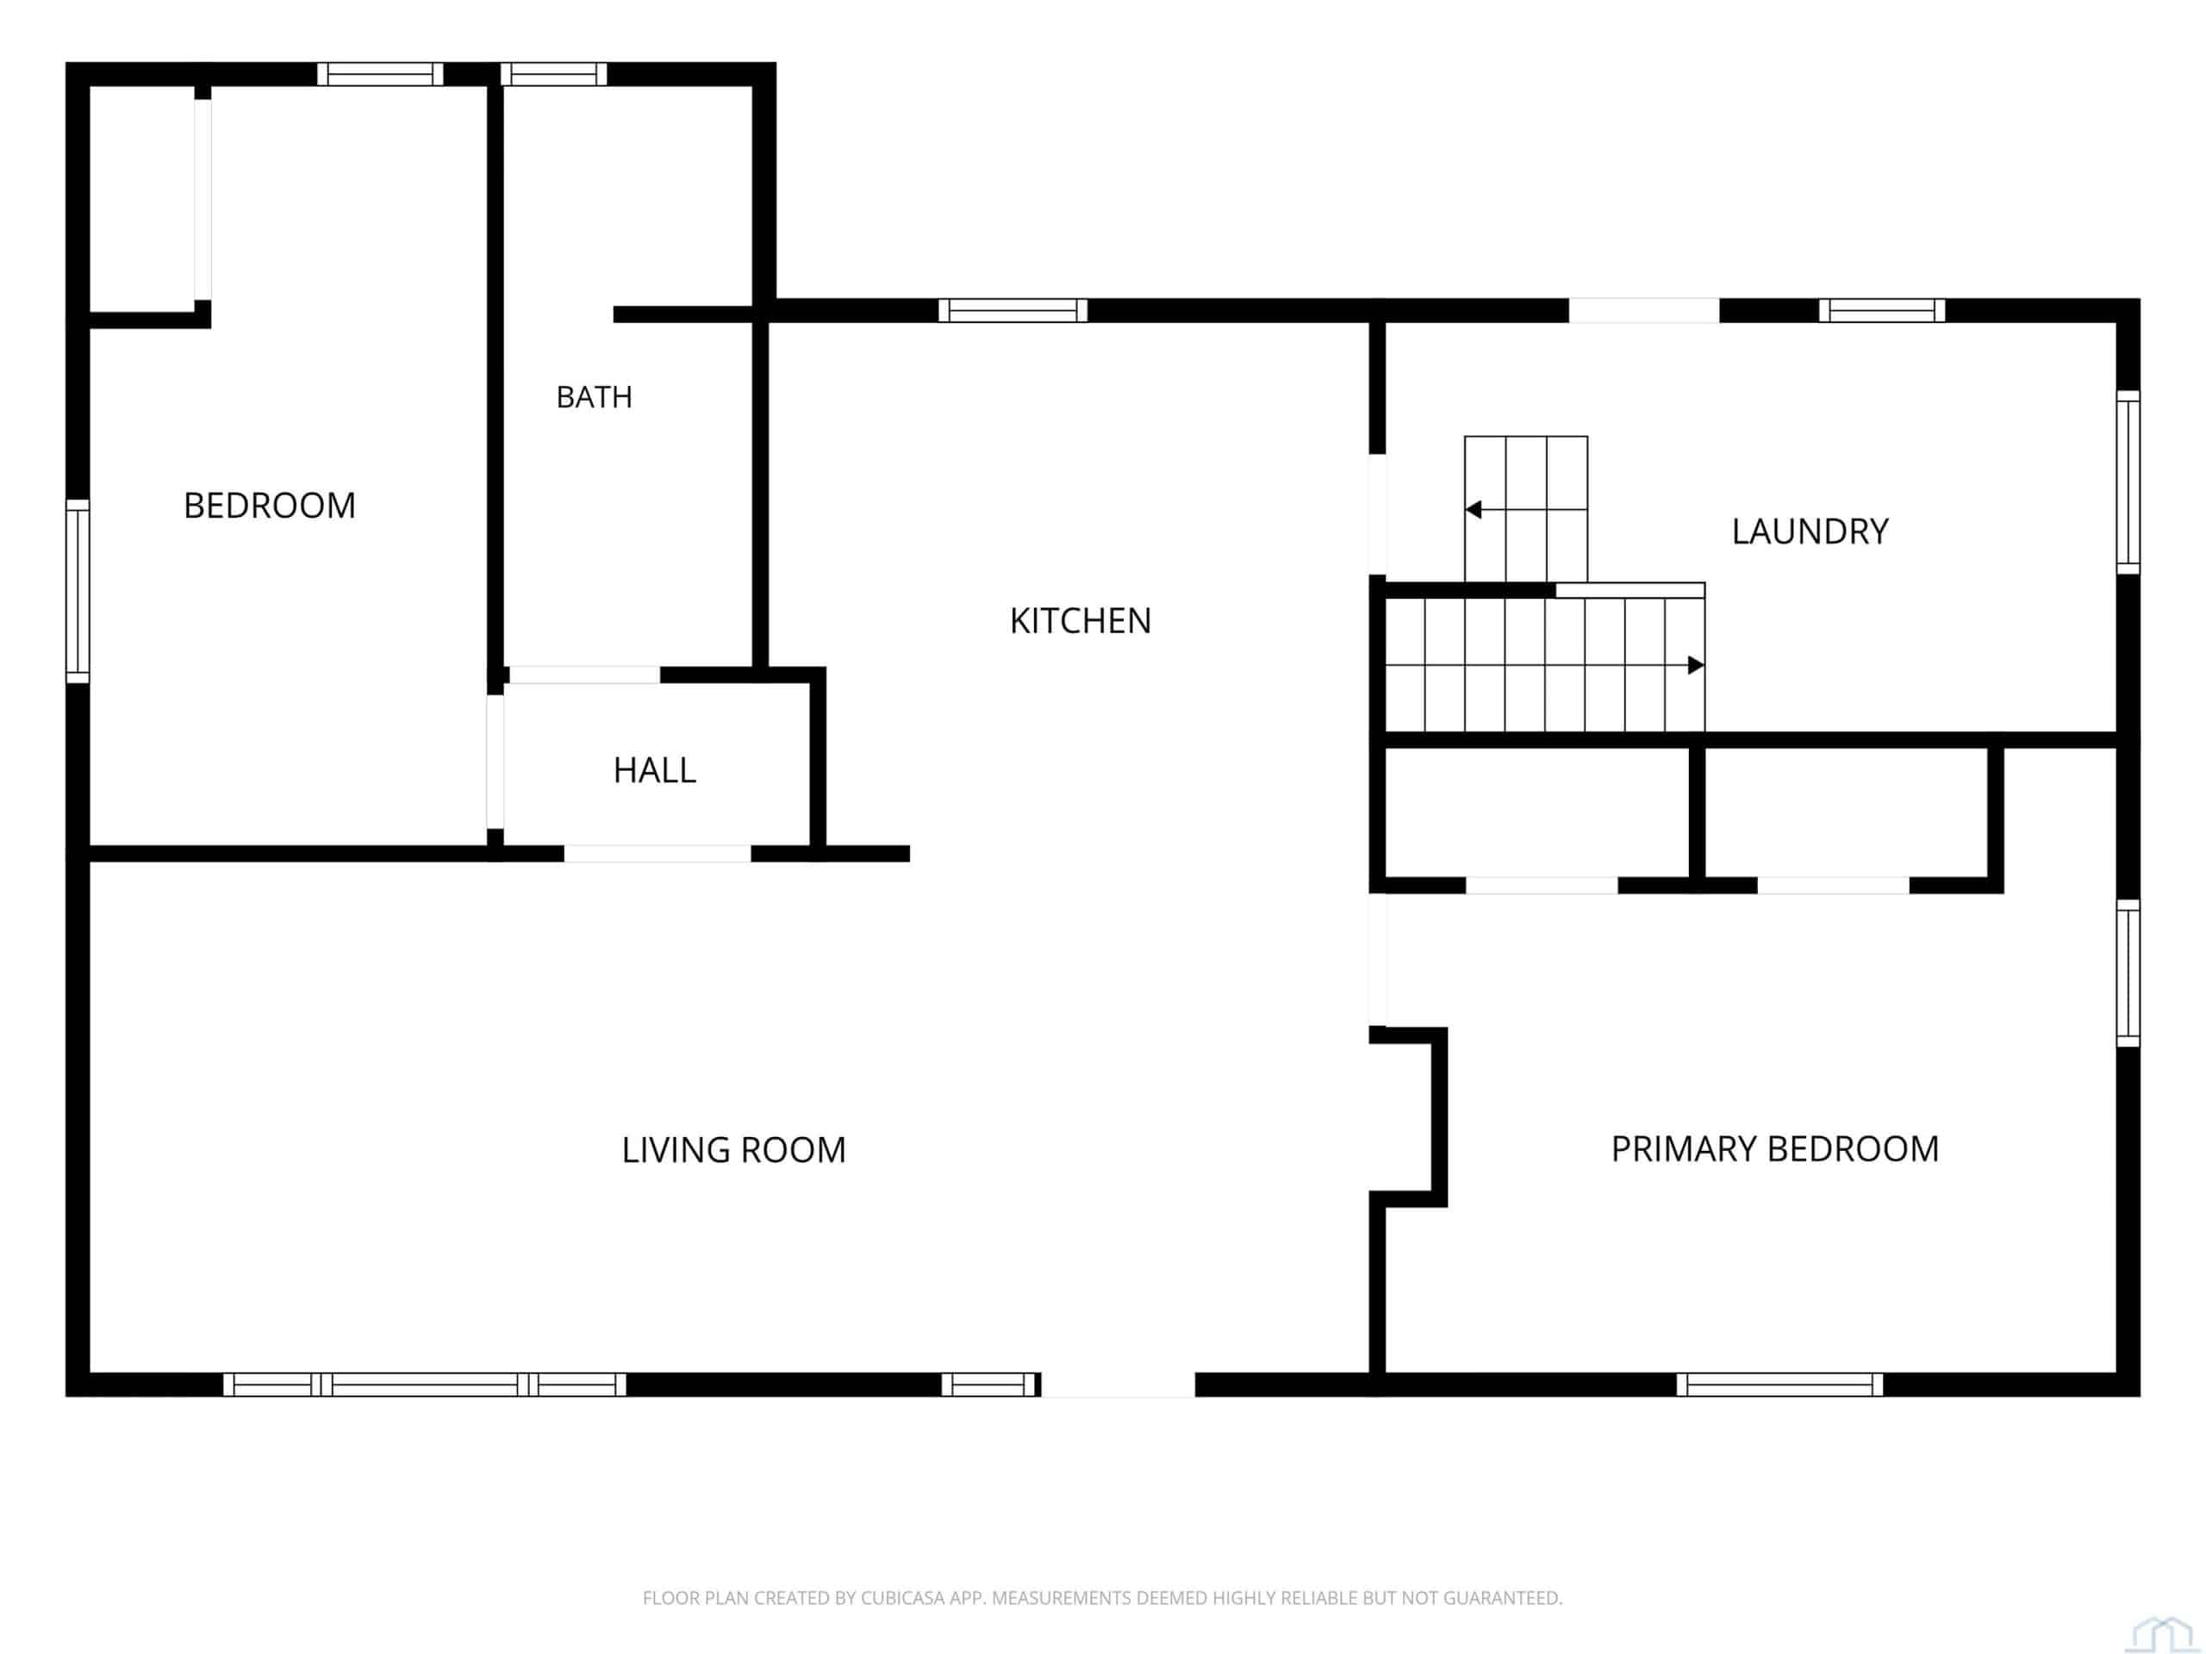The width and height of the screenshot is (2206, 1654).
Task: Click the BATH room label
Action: pyautogui.click(x=594, y=397)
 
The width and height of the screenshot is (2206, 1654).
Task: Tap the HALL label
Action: pyautogui.click(x=654, y=769)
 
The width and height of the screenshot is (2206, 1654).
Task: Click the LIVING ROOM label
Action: pyautogui.click(x=733, y=1149)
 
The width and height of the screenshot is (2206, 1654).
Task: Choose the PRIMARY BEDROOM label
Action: pyautogui.click(x=1775, y=1148)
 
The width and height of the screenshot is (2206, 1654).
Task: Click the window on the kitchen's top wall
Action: pyautogui.click(x=1013, y=310)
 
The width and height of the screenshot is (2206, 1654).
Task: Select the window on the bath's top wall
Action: pyautogui.click(x=553, y=74)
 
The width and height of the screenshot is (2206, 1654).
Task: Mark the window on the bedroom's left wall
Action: pyautogui.click(x=78, y=591)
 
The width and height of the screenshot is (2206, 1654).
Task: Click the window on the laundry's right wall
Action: pyautogui.click(x=2128, y=482)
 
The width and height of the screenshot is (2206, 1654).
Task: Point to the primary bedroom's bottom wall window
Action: pyautogui.click(x=1779, y=1384)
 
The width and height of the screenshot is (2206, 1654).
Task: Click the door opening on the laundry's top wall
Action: pyautogui.click(x=1643, y=310)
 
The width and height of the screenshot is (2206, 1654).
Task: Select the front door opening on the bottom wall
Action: pyautogui.click(x=1118, y=1384)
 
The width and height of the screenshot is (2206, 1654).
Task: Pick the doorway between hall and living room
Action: pyautogui.click(x=657, y=854)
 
